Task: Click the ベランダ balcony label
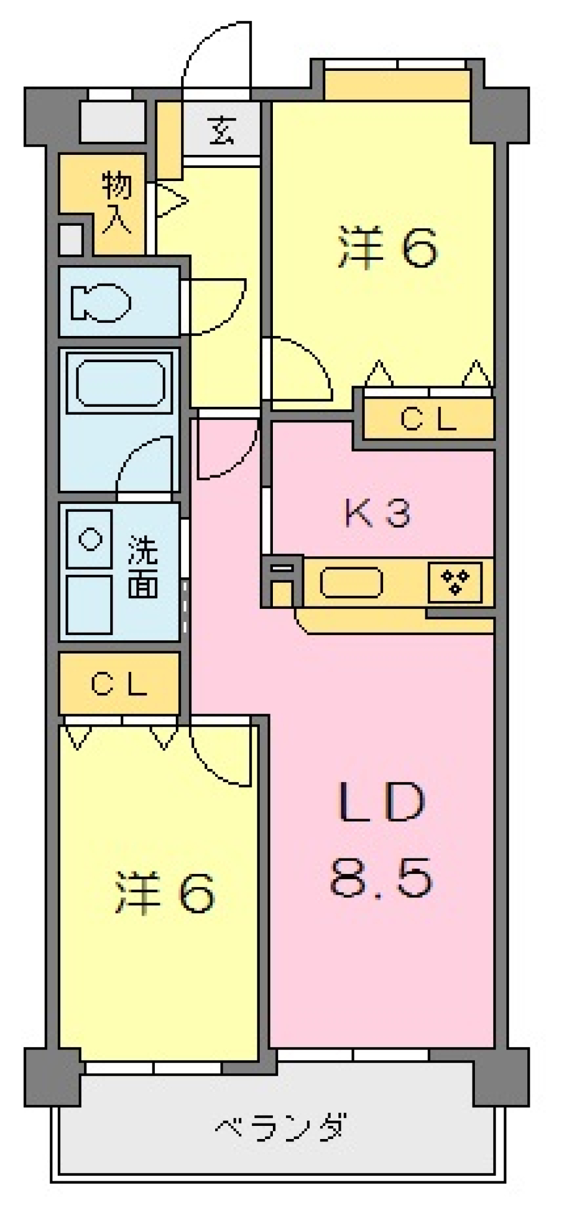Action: [x=279, y=1128]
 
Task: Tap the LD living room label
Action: [x=381, y=802]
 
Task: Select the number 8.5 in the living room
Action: [x=381, y=877]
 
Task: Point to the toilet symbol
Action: [x=101, y=303]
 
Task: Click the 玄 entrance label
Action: [x=222, y=130]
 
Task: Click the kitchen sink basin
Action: [x=351, y=582]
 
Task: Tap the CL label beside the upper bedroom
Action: [x=428, y=420]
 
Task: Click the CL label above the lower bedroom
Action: [x=119, y=684]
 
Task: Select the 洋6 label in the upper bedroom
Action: [x=388, y=247]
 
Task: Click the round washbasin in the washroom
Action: [x=90, y=540]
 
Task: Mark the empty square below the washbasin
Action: [x=89, y=604]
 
